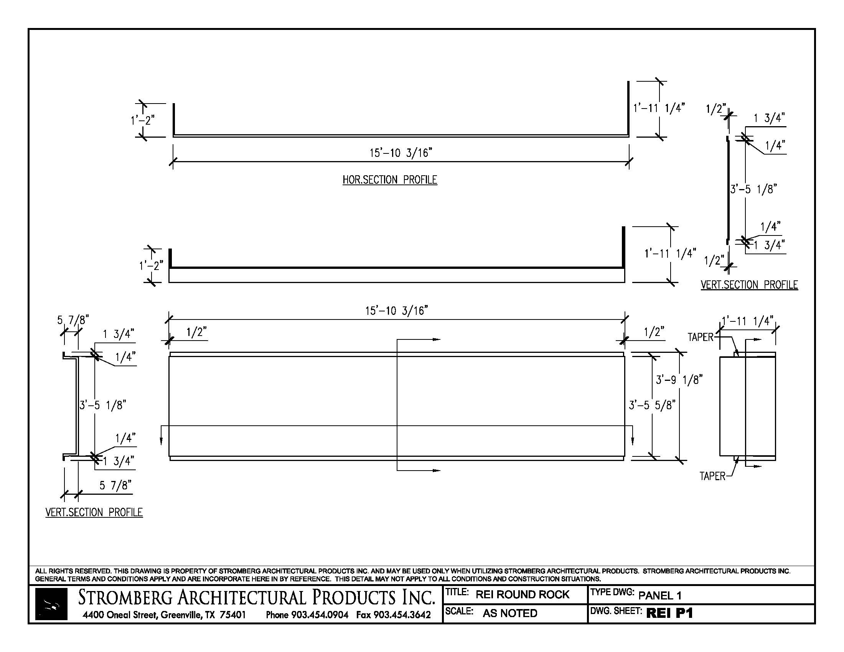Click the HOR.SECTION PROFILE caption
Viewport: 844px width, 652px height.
[389, 179]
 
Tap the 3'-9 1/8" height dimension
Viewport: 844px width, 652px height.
[679, 380]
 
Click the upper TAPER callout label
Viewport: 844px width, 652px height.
[700, 337]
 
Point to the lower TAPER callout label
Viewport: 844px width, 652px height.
[712, 476]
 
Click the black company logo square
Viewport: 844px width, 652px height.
[51, 604]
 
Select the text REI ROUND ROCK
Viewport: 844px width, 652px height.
[522, 594]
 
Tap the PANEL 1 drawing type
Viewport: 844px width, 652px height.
[660, 595]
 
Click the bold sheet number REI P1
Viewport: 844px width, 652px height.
[669, 613]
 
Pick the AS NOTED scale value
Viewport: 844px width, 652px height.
[510, 613]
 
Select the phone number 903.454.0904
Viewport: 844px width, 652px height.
[320, 615]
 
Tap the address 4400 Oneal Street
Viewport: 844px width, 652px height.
[120, 615]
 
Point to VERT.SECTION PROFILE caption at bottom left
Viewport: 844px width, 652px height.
[94, 512]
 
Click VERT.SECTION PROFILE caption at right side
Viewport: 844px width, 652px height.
[749, 285]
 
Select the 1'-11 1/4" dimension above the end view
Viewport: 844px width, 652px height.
[747, 321]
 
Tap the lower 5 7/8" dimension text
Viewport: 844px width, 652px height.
[115, 485]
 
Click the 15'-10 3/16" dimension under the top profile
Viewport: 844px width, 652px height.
[401, 153]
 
